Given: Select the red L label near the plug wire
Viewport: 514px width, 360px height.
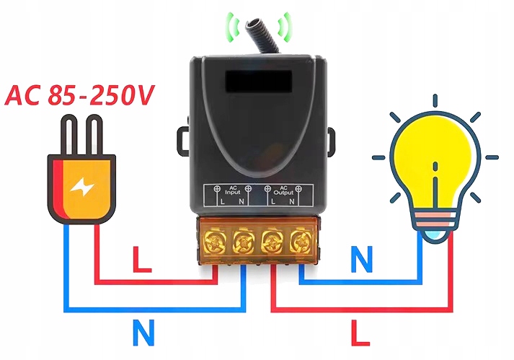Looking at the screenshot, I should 142,260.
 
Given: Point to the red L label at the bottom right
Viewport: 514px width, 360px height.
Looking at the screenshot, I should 360,333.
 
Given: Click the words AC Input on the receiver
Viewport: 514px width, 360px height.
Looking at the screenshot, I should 232,190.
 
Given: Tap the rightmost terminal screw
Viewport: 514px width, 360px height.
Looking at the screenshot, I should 298,239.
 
